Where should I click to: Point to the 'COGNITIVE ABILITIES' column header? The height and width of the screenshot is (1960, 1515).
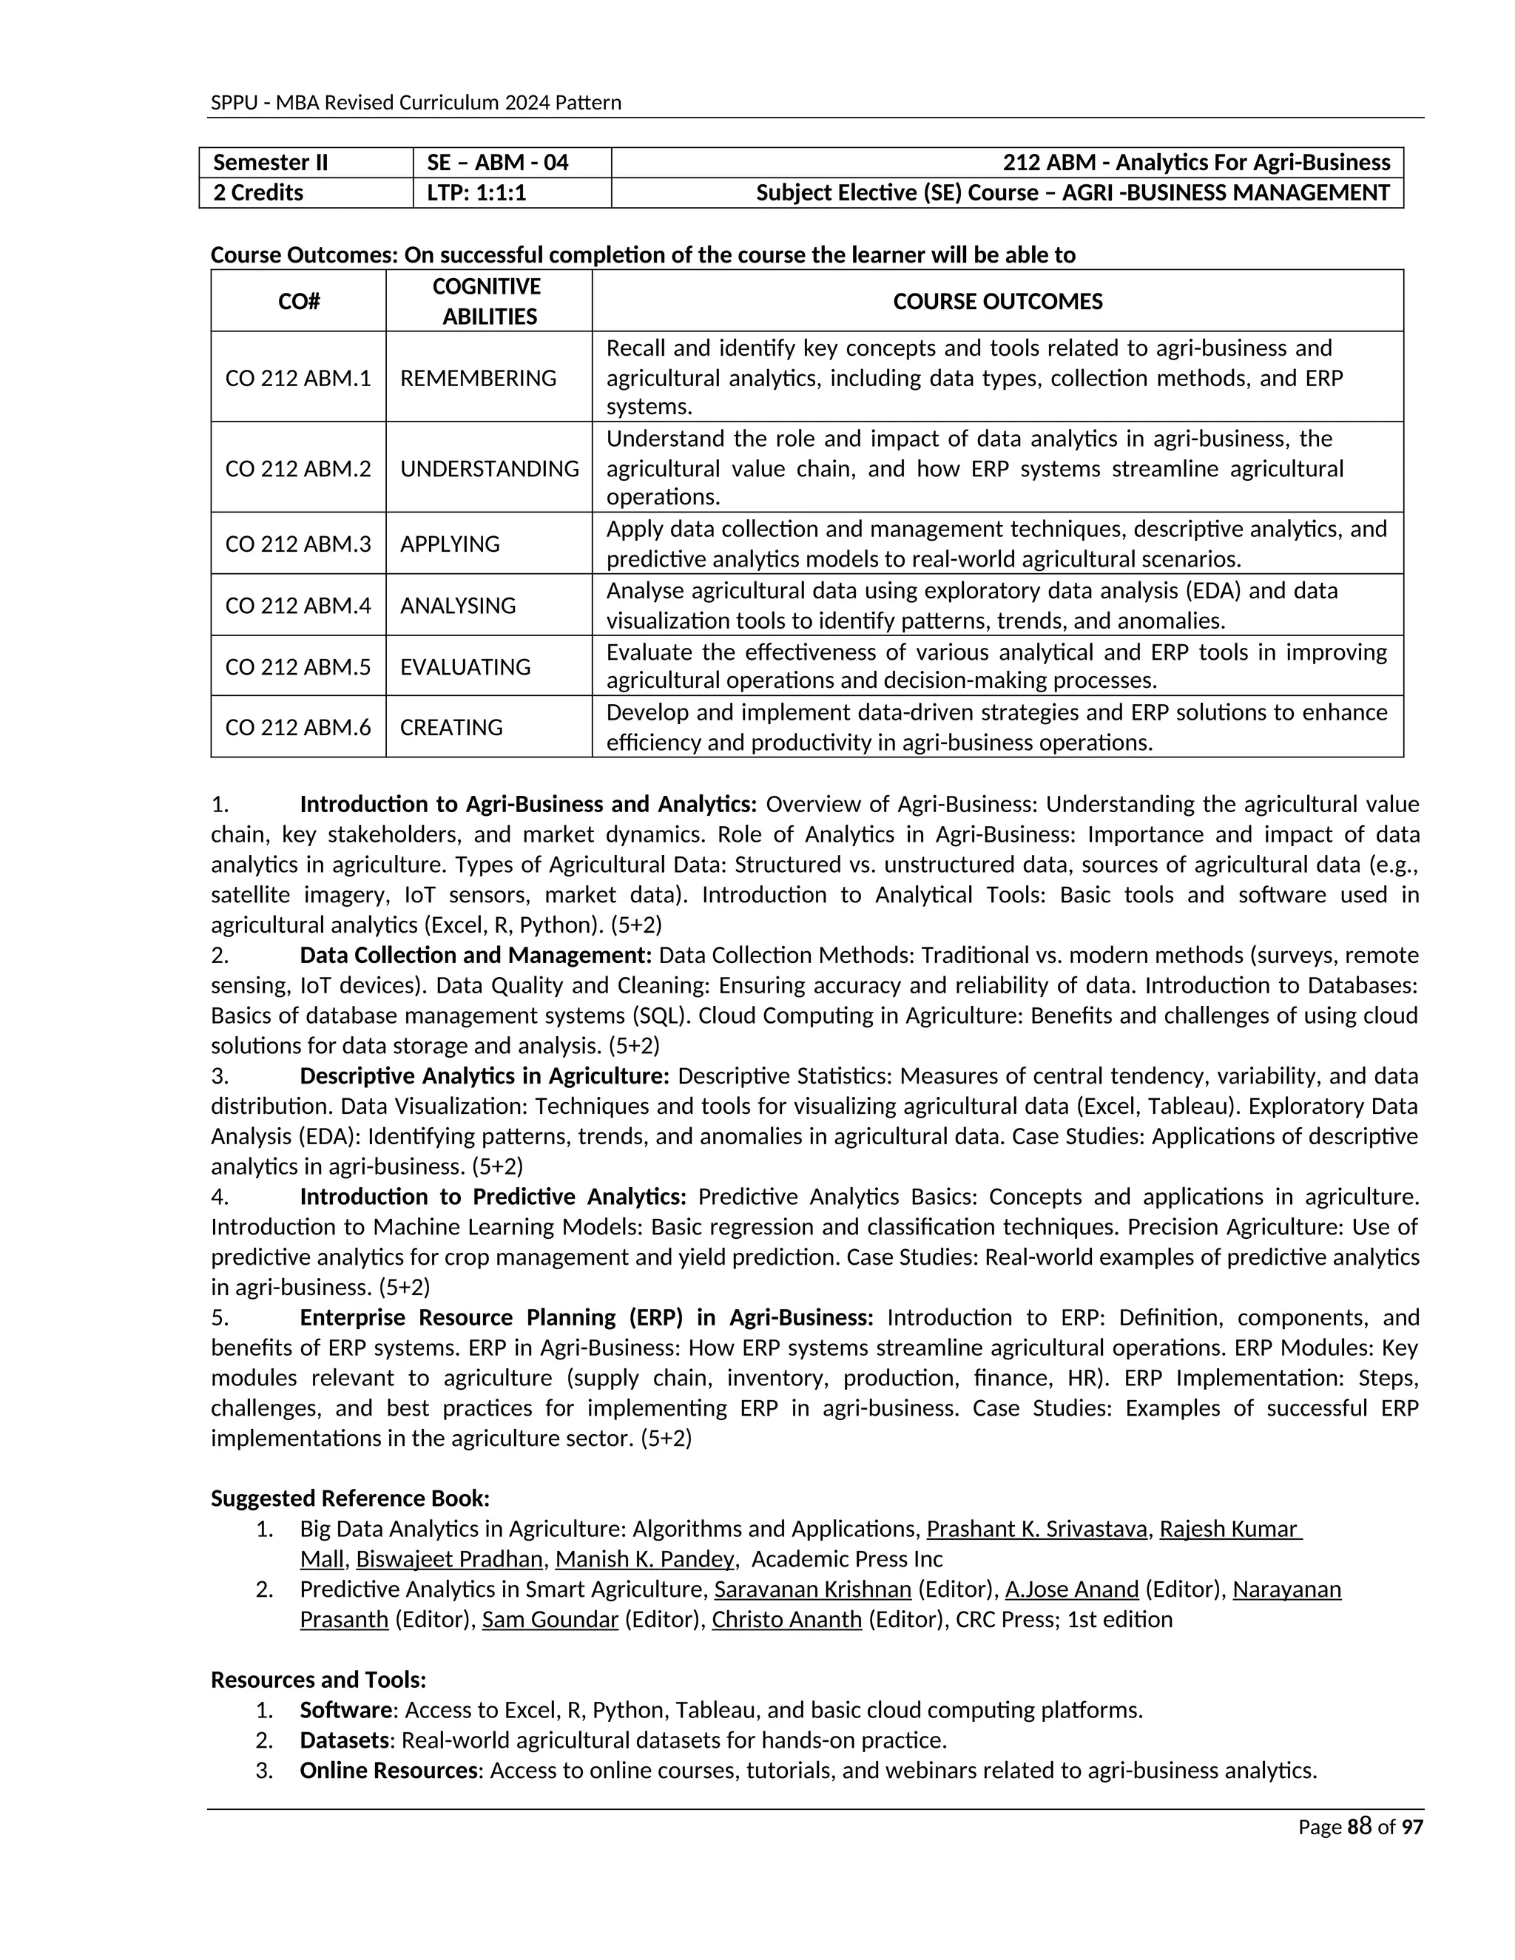click(488, 302)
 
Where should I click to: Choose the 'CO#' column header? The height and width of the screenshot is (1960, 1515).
click(298, 302)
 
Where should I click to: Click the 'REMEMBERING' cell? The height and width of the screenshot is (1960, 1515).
click(477, 378)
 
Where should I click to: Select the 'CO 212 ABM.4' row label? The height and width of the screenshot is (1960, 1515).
click(298, 606)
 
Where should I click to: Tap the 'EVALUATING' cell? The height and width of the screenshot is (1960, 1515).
click(465, 667)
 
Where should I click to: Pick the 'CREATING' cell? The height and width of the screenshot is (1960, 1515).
click(451, 727)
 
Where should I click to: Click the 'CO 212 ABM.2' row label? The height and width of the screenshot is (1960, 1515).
click(298, 468)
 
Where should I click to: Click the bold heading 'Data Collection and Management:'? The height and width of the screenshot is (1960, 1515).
click(476, 955)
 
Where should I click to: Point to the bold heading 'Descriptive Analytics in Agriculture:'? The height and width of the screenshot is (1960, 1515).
click(485, 1076)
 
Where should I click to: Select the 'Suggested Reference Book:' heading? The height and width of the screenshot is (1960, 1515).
click(350, 1498)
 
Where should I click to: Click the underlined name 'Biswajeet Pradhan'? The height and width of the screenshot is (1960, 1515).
click(449, 1559)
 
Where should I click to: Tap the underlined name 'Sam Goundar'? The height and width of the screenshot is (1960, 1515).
click(550, 1620)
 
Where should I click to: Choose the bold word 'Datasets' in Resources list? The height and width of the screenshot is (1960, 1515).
click(345, 1740)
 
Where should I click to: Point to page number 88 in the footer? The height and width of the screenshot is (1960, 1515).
click(1360, 1827)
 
